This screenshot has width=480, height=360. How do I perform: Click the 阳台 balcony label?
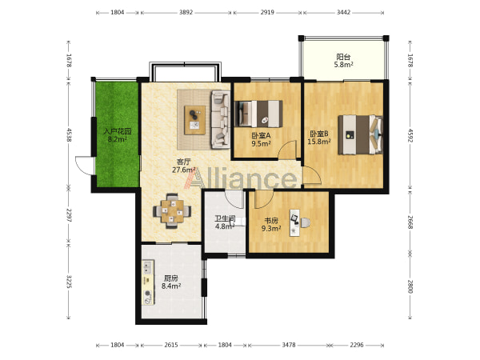(343, 57)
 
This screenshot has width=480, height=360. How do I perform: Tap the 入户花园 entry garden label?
(118, 132)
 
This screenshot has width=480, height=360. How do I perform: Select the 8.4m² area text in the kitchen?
(171, 286)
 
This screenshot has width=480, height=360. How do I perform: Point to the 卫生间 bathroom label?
(225, 218)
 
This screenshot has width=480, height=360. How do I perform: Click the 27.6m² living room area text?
(184, 170)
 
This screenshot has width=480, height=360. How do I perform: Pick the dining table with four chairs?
(172, 211)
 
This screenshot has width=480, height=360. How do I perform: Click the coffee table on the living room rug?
(194, 120)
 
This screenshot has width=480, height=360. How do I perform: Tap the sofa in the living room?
(220, 119)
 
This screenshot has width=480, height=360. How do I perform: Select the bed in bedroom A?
(258, 114)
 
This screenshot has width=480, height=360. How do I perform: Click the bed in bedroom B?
(360, 134)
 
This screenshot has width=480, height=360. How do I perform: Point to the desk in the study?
(295, 222)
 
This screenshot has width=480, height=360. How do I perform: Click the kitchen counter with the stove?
(148, 282)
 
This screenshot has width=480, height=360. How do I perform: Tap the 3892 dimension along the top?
(186, 13)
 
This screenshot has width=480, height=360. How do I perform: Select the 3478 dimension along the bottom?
(288, 345)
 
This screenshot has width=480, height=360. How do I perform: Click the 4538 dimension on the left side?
(69, 134)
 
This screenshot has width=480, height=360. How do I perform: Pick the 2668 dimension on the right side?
(410, 222)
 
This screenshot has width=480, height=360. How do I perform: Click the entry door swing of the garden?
(83, 166)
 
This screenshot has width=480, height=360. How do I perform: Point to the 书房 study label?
(271, 221)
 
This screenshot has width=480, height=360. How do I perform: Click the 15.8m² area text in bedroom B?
(319, 142)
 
